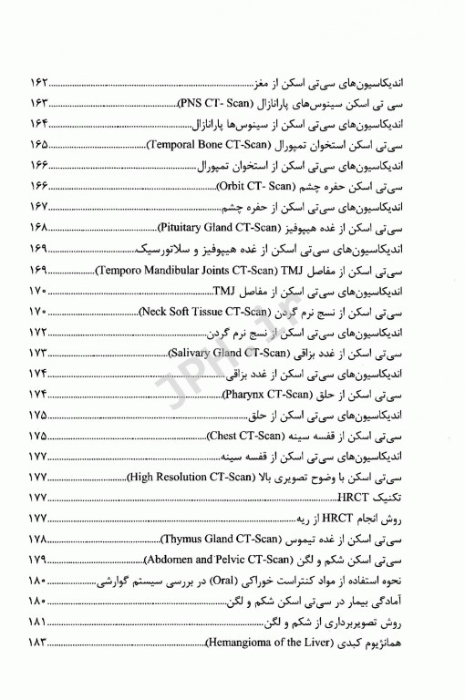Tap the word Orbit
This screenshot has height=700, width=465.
pos(232,186)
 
